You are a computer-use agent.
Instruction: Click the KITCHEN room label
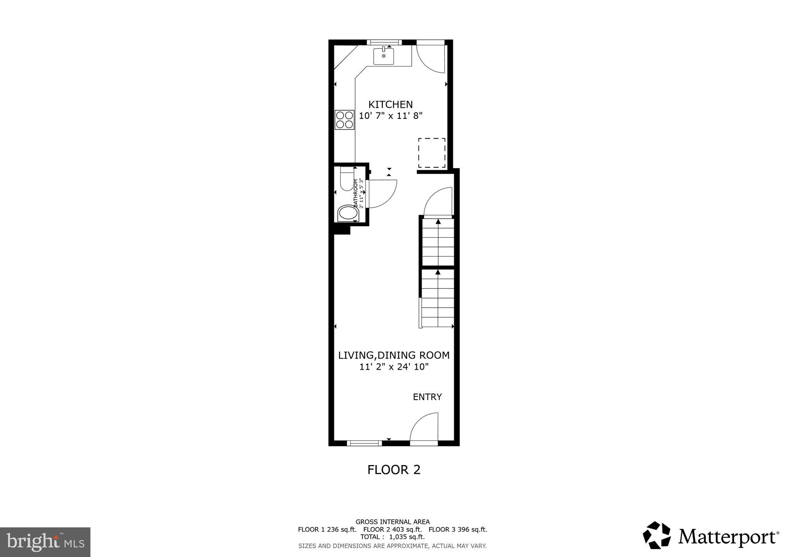pos(390,104)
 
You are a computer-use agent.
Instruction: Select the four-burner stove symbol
pos(344,119)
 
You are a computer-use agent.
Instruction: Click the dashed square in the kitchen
pos(432,153)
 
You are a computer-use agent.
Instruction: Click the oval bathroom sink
pos(347,213)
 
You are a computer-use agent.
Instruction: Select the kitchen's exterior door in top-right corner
pos(431,58)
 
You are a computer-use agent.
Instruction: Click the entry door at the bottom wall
pos(424,429)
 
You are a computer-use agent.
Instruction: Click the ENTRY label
pos(427,397)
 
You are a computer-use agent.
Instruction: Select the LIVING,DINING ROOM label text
pos(394,355)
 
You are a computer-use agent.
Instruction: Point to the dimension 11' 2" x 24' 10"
pos(394,367)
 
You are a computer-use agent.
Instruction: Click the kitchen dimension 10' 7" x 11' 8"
pos(391,116)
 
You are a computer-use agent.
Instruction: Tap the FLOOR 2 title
pos(394,470)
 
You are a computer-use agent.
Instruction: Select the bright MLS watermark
pos(45,542)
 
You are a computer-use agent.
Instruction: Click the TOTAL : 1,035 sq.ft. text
pos(392,537)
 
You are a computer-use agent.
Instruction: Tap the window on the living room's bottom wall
pos(364,443)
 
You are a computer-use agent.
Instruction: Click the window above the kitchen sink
pos(384,42)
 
